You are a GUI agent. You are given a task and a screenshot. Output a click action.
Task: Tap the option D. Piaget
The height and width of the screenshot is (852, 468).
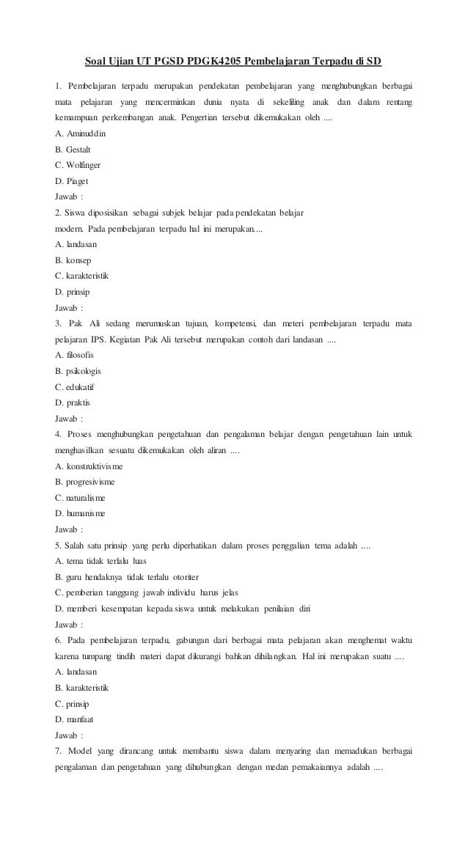pyautogui.click(x=71, y=181)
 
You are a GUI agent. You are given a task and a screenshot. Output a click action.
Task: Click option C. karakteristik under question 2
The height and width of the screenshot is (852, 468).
pyautogui.click(x=86, y=276)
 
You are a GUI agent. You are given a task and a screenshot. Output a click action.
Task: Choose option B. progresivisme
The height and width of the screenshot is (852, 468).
pyautogui.click(x=84, y=482)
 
